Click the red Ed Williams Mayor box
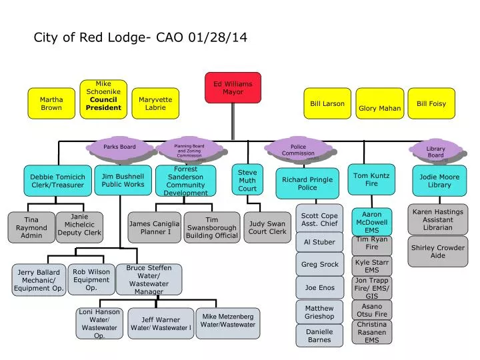233,88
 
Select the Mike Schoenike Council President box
103,99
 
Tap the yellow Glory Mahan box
380,104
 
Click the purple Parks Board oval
119,147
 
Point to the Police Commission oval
298,150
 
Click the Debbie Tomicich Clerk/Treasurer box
57,181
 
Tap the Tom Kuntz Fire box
371,179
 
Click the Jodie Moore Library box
439,181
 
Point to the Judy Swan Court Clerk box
267,227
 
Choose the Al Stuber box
319,242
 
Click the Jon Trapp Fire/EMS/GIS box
372,288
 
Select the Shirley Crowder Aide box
437,251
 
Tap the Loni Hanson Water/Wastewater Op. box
99,323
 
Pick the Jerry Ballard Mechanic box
39,280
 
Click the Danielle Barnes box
319,335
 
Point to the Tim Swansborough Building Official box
211,227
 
